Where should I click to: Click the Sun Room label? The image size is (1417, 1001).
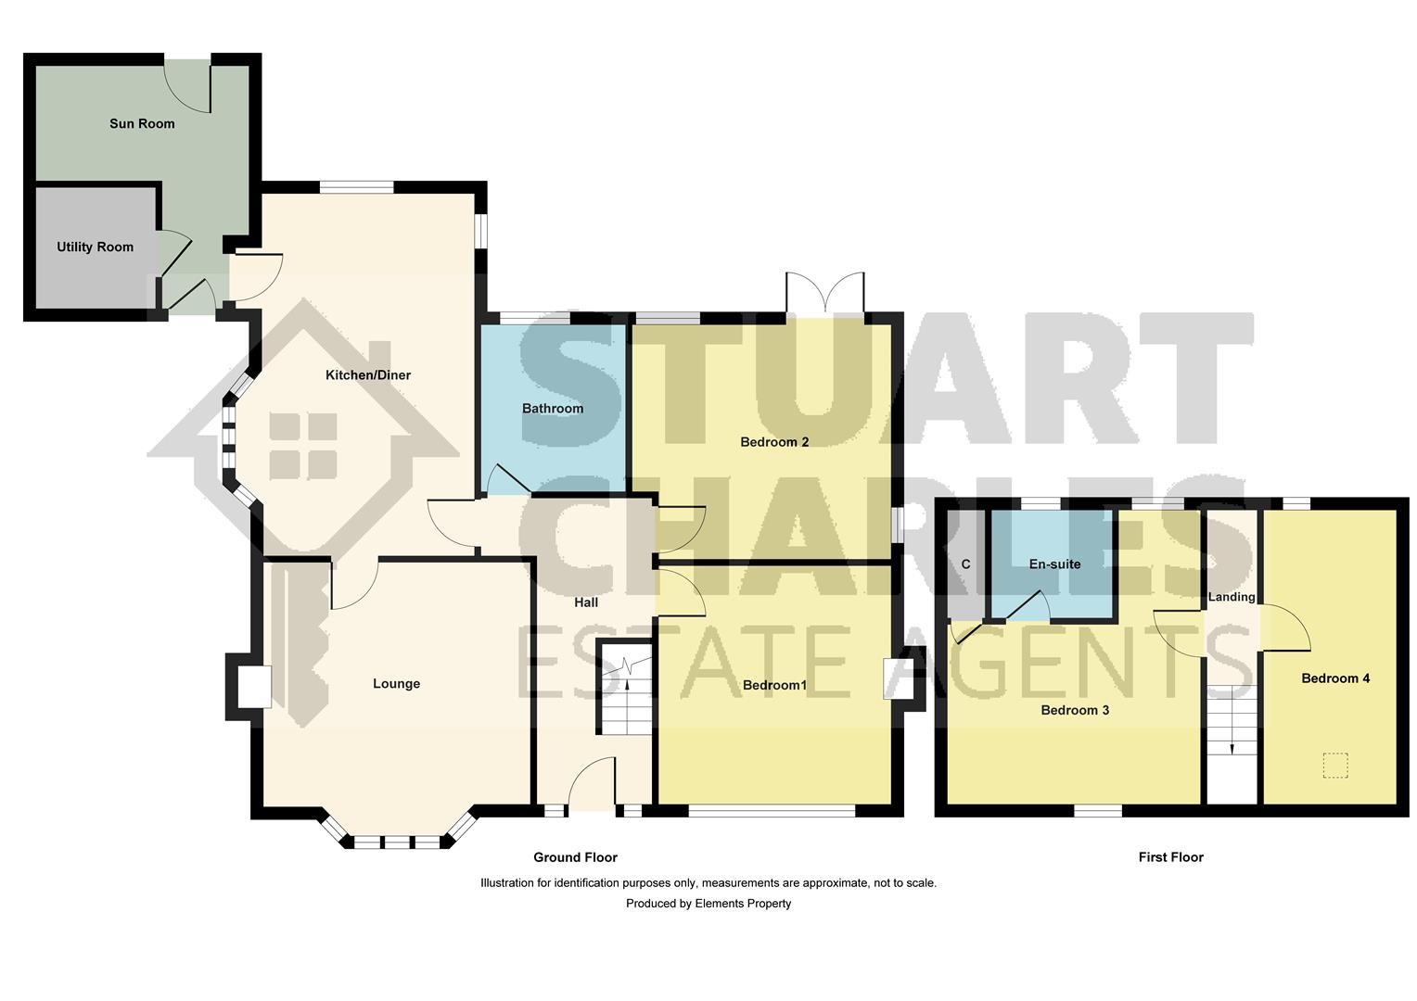142,123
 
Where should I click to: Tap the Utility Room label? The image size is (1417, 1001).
95,247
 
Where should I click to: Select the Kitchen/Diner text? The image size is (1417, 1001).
367,375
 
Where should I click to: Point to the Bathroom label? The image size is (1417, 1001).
553,408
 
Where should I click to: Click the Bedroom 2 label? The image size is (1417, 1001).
774,442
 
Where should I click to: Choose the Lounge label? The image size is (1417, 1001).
396,684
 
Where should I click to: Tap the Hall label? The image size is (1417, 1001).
586,602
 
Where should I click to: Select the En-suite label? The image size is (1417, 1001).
1054,564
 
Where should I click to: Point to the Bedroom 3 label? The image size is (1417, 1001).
1075,711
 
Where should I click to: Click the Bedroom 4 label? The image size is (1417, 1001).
1335,678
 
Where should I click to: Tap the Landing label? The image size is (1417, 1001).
1232,597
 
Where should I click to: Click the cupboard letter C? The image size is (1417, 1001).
965,564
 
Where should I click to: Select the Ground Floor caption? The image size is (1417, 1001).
575,857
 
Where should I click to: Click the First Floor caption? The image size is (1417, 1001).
1170,857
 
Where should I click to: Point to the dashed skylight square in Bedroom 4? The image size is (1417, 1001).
1334,766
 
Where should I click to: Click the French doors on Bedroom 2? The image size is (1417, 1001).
825,293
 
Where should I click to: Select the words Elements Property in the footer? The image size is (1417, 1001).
743,904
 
